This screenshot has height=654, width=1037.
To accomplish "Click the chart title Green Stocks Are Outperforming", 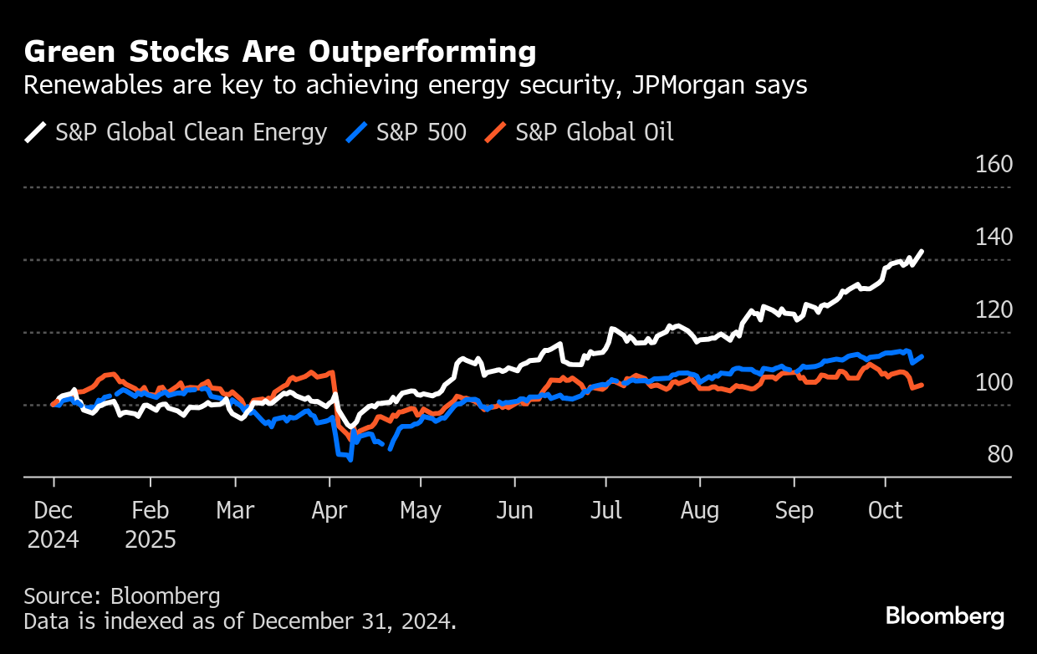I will point(279,53).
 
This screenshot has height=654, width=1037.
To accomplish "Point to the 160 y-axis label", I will point(994,164).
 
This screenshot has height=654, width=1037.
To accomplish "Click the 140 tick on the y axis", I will point(994,237).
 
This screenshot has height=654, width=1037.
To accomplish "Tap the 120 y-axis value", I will point(994,309).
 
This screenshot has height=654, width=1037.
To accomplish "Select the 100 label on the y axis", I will point(994,382).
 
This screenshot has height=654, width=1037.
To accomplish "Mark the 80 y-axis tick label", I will point(999,454).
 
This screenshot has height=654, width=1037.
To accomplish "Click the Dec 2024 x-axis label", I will point(54,524).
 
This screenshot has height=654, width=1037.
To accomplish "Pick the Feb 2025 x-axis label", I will point(151,524).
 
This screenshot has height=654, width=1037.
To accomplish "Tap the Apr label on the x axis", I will point(329,510).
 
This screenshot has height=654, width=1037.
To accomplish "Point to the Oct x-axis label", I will point(886,510).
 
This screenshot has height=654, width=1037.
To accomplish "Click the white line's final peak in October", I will point(922,251).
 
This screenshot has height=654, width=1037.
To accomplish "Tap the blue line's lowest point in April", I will point(350,459).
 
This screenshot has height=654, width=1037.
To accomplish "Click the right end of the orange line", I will point(922,385).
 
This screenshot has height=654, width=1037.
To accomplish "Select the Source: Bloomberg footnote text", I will point(122,596).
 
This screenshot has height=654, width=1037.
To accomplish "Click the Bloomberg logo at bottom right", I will point(945,617).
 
